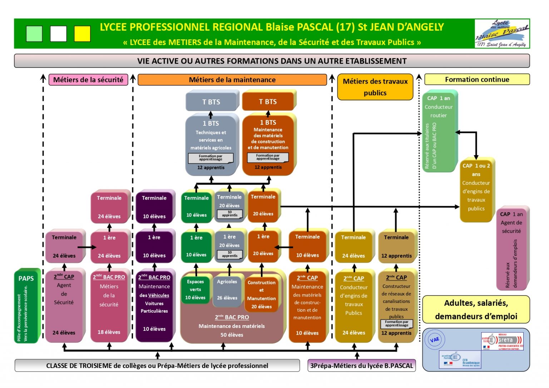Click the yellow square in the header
(x=82, y=34)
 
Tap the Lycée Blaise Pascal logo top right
(x=502, y=34)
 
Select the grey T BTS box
(x=211, y=102)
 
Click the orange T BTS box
(x=268, y=101)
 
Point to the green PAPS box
(x=27, y=305)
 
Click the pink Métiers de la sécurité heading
(x=88, y=80)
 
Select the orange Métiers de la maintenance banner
(x=232, y=80)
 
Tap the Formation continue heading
(x=477, y=79)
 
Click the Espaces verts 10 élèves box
(x=196, y=289)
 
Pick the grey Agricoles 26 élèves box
(x=227, y=290)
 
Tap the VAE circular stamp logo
(x=435, y=340)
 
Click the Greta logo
(x=502, y=341)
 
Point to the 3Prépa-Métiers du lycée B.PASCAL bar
(x=361, y=365)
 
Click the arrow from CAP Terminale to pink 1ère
(x=87, y=247)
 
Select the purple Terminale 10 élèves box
(x=154, y=207)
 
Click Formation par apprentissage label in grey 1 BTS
(x=211, y=158)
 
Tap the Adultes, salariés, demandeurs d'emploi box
(x=476, y=309)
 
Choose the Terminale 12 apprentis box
(x=396, y=247)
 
